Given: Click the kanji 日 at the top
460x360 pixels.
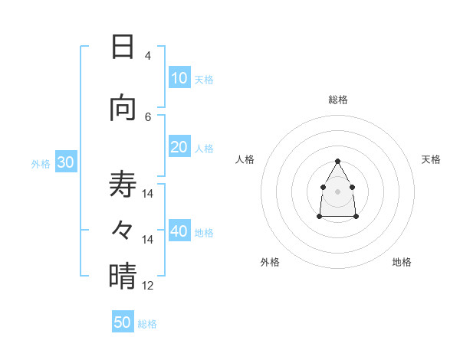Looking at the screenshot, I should tap(123, 47).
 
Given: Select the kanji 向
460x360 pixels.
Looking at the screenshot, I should tap(123, 108).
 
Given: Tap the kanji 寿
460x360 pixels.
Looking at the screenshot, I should tap(123, 185).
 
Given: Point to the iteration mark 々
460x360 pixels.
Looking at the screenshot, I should tap(123, 229).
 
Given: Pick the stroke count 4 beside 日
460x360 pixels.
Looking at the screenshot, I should tap(147, 56).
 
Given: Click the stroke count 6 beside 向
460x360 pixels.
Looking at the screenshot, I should tap(147, 116).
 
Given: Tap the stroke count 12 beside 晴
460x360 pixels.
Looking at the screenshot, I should tap(148, 286).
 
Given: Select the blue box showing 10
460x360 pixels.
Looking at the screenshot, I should tap(179, 78).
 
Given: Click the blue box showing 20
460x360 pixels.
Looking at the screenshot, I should tap(179, 148).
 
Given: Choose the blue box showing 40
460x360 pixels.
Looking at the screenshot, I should tap(179, 232).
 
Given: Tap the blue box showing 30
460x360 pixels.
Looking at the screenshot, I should tap(65, 163).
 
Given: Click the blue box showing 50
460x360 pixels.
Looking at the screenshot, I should tap(123, 322).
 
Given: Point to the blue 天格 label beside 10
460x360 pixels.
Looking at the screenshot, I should tap(204, 80).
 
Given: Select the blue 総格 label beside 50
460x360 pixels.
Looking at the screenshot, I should tap(147, 324).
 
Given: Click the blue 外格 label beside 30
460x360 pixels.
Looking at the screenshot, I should tap(41, 164).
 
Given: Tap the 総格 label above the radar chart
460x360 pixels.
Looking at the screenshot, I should tap(338, 100).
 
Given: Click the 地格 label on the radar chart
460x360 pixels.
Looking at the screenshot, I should tap(402, 262).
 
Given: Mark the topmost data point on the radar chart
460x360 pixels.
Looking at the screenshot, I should tap(338, 161).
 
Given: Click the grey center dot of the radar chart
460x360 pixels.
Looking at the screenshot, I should tap(338, 191).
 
